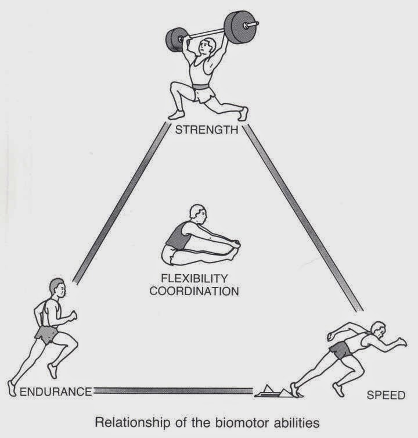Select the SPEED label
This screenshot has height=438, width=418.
point(385,396)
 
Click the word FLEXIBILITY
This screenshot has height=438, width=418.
point(194,278)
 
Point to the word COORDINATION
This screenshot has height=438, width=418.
point(194,290)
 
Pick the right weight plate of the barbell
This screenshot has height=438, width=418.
point(238,26)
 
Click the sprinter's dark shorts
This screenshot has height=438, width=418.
point(340,349)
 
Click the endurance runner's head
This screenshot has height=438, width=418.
point(56,286)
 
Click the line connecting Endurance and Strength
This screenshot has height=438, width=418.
point(122,203)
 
